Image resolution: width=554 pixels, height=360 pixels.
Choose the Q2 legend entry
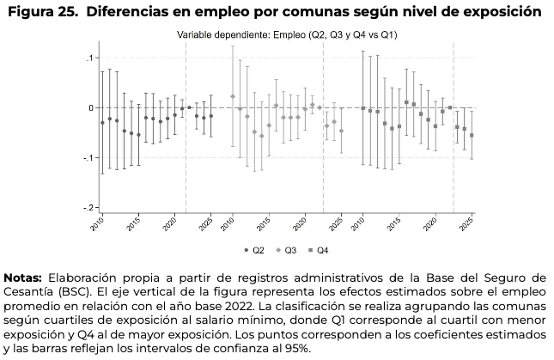tap(253, 251)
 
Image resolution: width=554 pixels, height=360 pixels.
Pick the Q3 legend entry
tap(288, 251)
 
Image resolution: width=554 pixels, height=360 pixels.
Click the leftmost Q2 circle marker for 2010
tap(102, 123)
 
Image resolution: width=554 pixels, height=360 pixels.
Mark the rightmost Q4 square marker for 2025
tap(472, 136)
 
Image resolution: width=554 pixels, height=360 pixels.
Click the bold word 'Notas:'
tap(25, 278)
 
